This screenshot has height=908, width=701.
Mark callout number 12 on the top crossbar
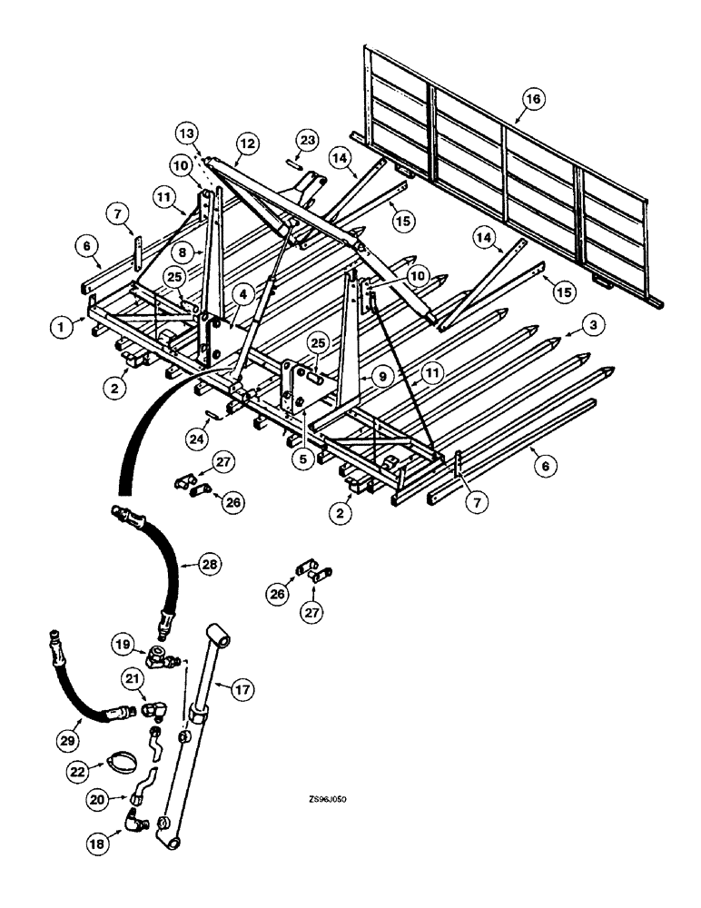222,143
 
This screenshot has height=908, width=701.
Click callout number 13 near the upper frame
185,133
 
